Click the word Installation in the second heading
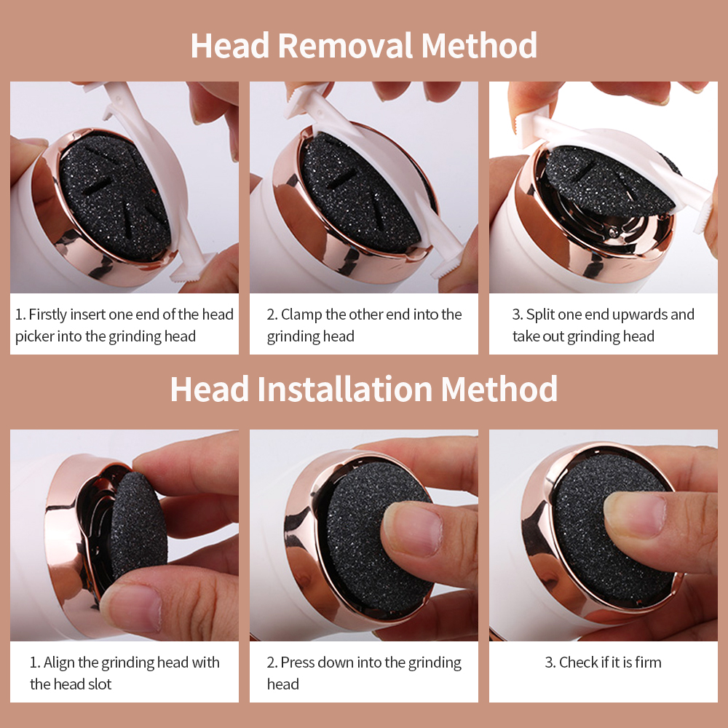(x=345, y=389)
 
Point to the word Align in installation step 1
(x=60, y=662)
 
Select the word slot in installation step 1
(x=98, y=684)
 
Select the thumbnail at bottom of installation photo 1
(x=131, y=608)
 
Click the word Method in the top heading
(x=479, y=46)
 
